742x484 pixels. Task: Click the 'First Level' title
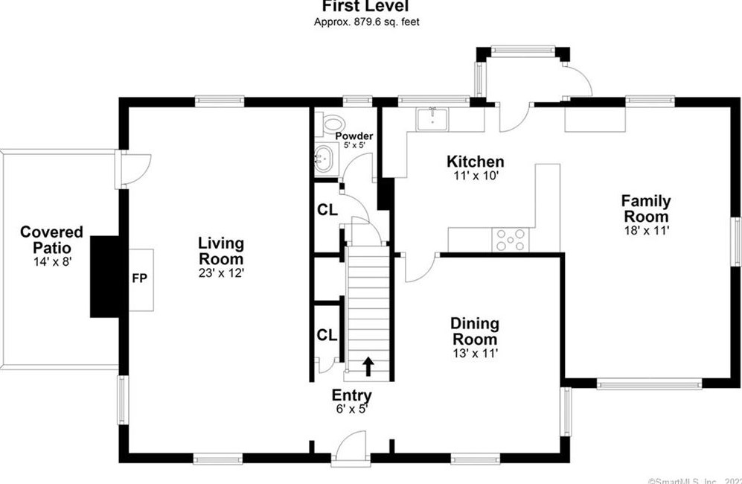[365, 7]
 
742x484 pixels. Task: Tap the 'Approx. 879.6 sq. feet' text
[365, 22]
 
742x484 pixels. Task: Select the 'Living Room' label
[220, 251]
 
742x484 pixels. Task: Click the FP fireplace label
[139, 279]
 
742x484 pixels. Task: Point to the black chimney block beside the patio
[103, 276]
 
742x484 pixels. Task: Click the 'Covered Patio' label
[51, 240]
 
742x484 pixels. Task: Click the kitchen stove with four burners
[510, 239]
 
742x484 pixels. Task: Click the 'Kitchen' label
[475, 162]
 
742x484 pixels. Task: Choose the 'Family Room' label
[646, 208]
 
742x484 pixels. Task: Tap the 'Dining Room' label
[474, 331]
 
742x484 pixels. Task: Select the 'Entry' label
[351, 395]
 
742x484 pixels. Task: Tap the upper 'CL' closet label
[327, 209]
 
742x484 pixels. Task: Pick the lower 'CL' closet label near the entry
[327, 335]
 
